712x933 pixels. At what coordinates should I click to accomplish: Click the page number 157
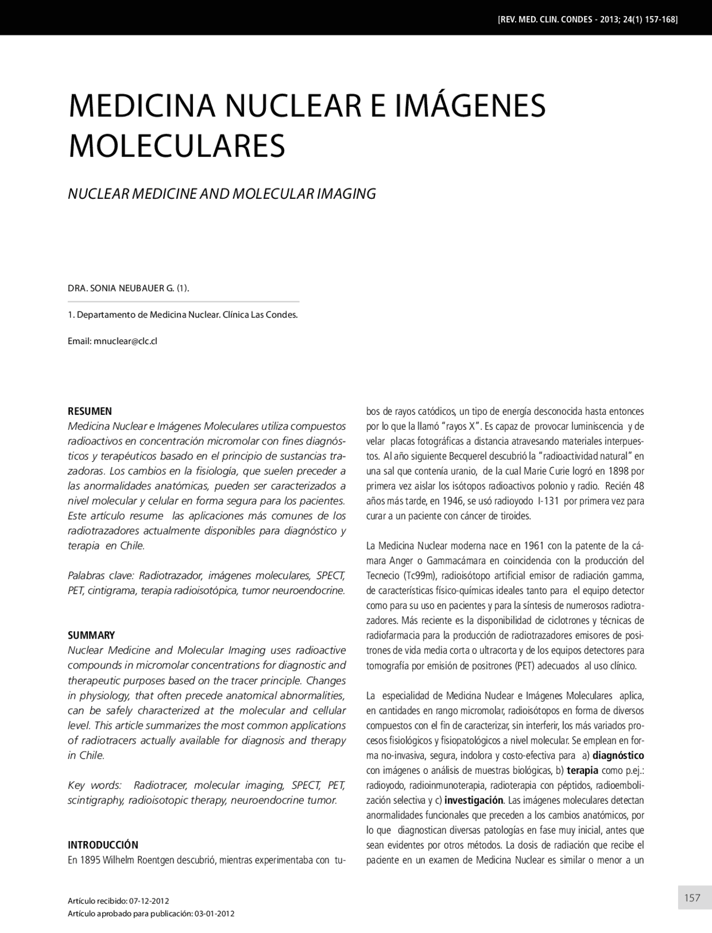pyautogui.click(x=692, y=897)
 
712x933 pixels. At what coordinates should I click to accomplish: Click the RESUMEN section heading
pyautogui.click(x=90, y=411)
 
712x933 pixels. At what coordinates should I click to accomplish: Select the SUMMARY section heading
pyautogui.click(x=91, y=635)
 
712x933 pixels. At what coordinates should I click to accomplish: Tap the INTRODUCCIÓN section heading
pyautogui.click(x=103, y=844)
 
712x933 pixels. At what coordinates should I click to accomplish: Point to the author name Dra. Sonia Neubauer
pyautogui.click(x=128, y=288)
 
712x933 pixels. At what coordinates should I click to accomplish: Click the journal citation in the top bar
pyautogui.click(x=587, y=19)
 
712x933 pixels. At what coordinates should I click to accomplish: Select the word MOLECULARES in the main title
pyautogui.click(x=176, y=145)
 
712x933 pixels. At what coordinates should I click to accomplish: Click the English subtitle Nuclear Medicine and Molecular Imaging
pyautogui.click(x=221, y=194)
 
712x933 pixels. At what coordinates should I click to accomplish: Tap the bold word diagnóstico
pyautogui.click(x=618, y=755)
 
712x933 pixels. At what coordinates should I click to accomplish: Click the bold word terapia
pyautogui.click(x=582, y=770)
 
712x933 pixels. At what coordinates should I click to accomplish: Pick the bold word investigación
pyautogui.click(x=474, y=801)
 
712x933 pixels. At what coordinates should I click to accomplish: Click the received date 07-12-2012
pyautogui.click(x=149, y=901)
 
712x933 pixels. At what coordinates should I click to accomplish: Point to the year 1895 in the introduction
pyautogui.click(x=90, y=861)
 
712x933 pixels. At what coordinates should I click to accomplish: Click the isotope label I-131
pyautogui.click(x=548, y=501)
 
